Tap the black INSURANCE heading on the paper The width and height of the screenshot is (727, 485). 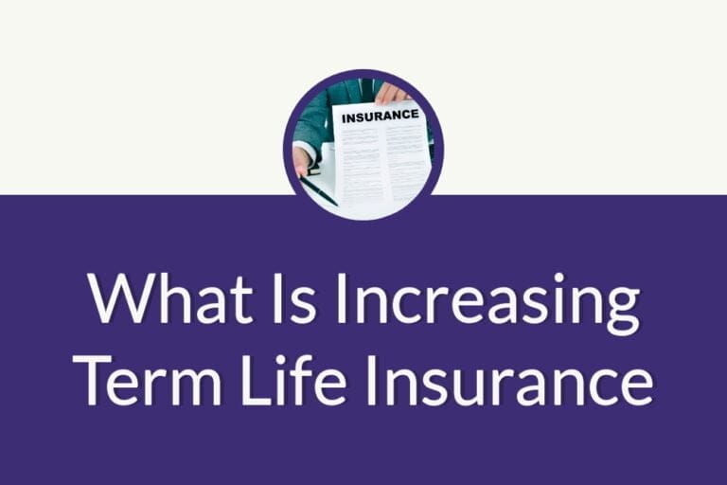[x=380, y=116]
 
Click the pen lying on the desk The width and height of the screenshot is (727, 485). [x=319, y=191]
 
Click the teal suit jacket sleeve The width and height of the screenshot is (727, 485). [x=311, y=118]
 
